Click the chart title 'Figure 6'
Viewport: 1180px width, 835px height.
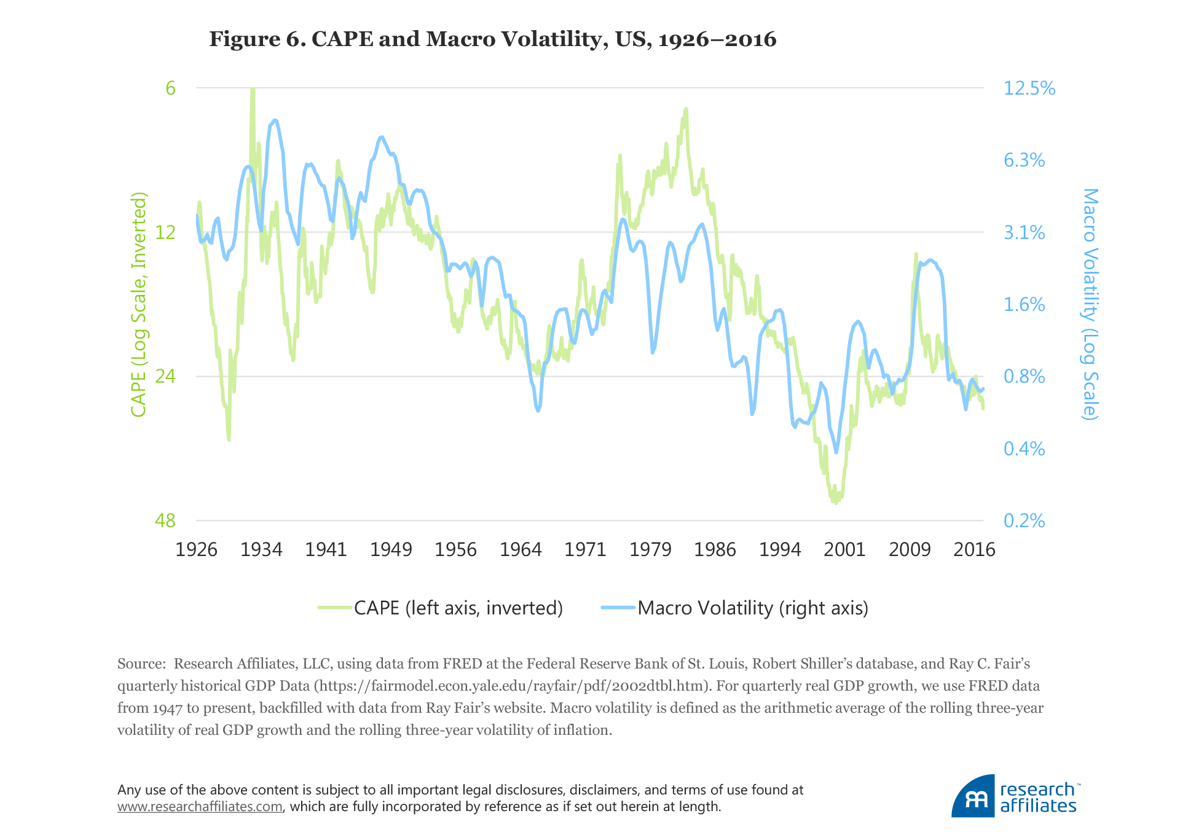492,39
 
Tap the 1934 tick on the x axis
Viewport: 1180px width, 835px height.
261,549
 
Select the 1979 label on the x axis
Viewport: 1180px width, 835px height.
650,549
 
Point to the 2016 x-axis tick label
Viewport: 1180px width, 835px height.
974,549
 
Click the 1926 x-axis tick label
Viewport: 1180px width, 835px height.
197,549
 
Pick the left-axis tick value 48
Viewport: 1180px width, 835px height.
165,520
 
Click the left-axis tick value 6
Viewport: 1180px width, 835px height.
170,88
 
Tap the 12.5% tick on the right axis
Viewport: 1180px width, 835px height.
1029,88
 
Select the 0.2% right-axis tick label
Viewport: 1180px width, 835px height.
1024,520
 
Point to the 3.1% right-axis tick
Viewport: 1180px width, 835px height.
1024,232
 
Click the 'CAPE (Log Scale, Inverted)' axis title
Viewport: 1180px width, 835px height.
139,304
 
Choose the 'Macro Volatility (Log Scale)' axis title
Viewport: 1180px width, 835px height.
1090,304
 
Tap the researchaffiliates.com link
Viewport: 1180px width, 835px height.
200,807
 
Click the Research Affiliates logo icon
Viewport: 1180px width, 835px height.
974,796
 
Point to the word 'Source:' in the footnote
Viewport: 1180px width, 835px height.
141,664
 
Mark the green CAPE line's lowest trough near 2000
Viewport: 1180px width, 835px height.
835,503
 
